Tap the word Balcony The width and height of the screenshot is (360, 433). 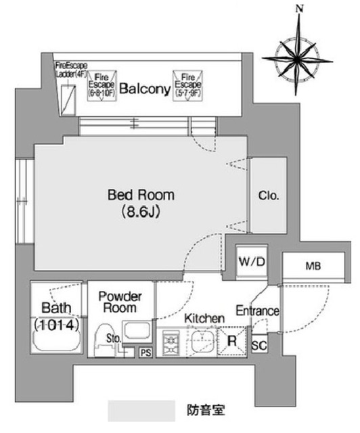[144, 89]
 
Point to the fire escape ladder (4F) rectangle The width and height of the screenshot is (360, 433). [68, 101]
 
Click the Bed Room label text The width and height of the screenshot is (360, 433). [141, 196]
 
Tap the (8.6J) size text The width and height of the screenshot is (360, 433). [141, 212]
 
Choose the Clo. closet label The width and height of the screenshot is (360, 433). [268, 196]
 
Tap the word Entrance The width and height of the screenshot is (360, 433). [257, 311]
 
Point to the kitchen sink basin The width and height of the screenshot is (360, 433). [201, 341]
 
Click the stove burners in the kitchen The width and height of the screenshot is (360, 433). [172, 341]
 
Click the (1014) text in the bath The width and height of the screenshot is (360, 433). [58, 325]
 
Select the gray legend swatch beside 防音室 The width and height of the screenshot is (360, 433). [143, 410]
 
